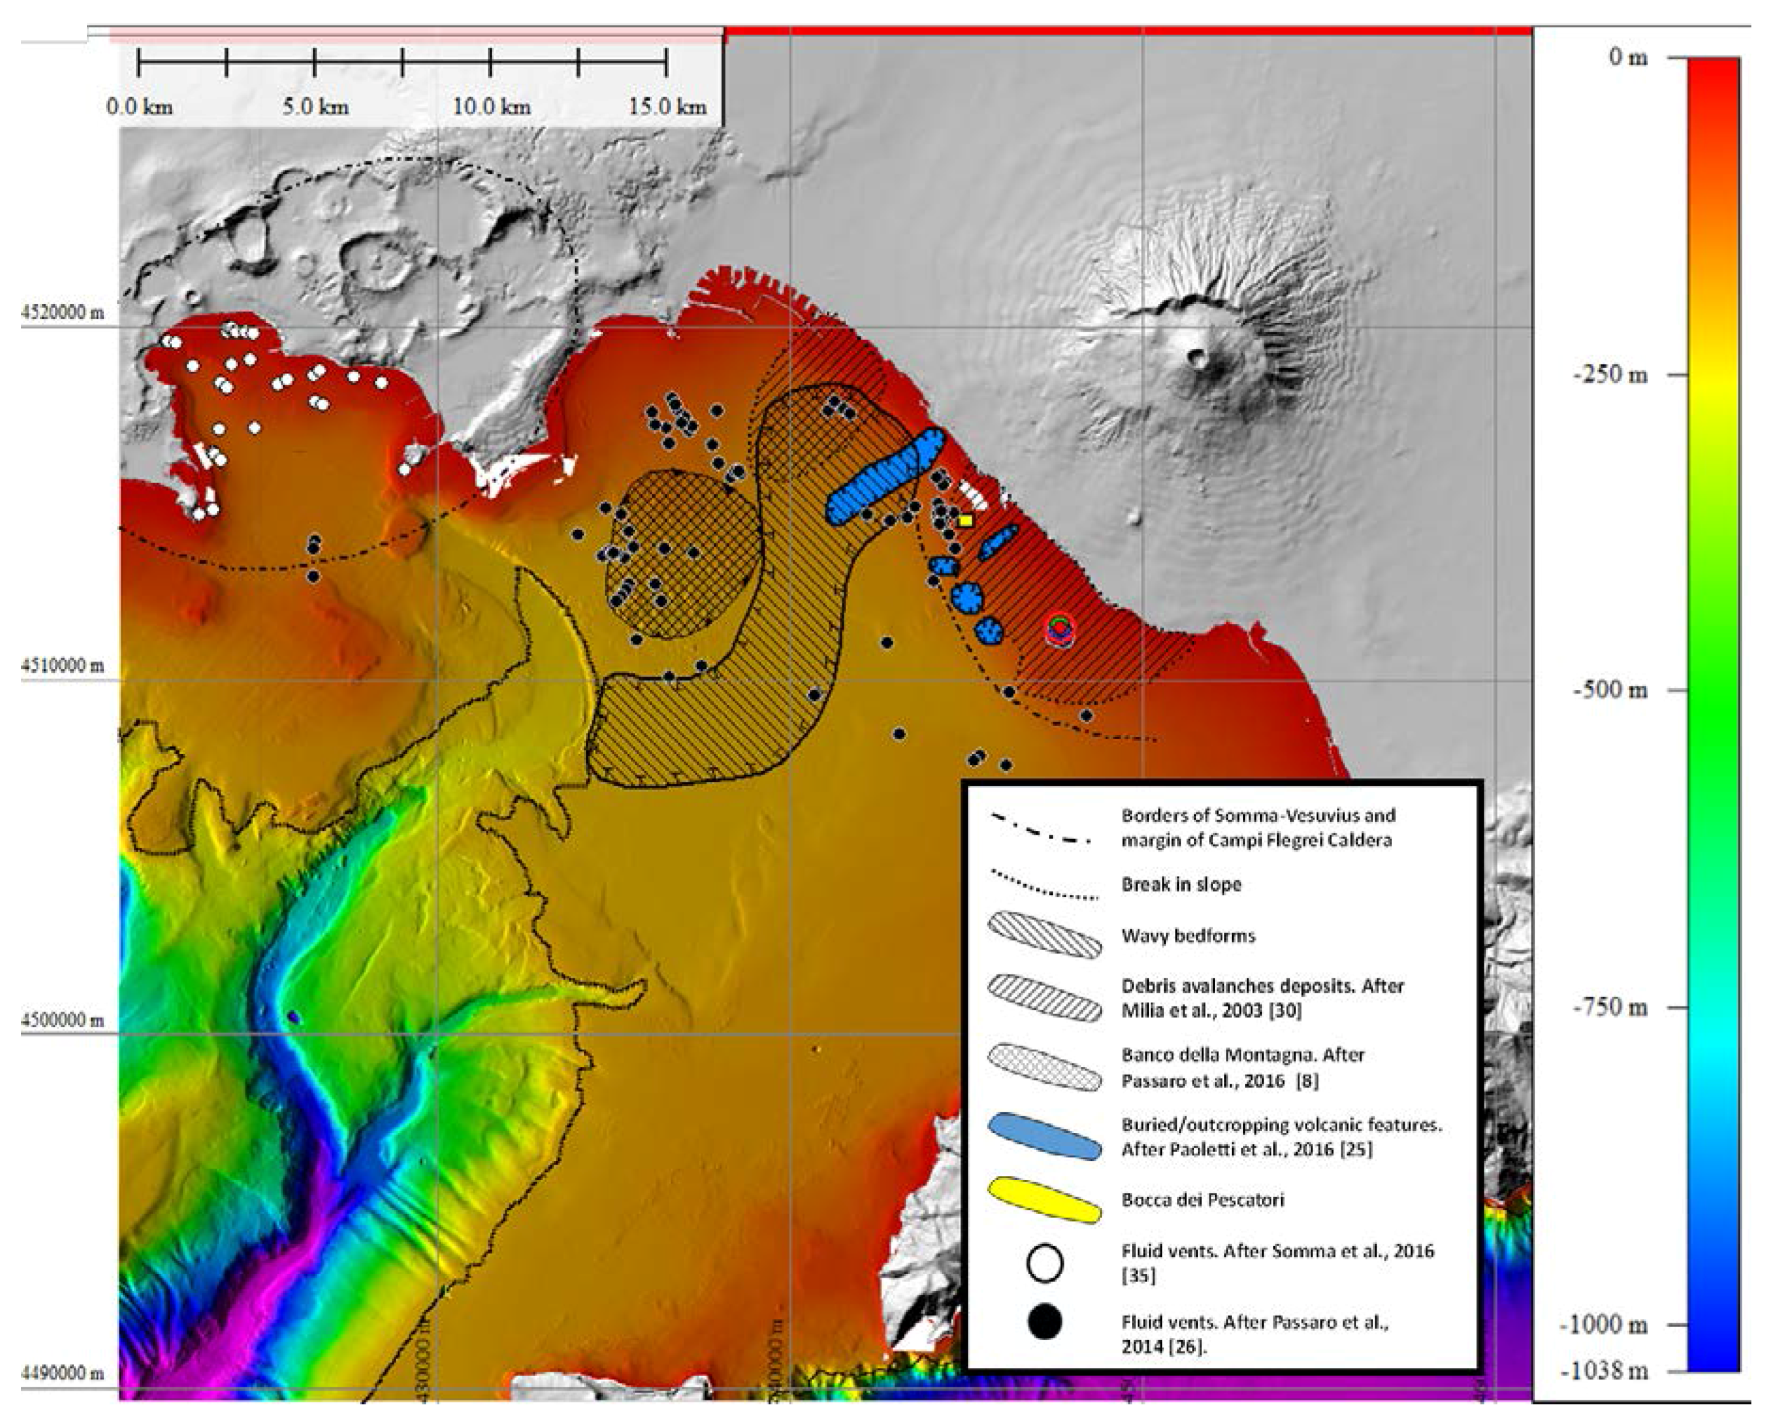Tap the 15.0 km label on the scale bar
click(668, 107)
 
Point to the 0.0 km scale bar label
click(140, 107)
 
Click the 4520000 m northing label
click(62, 313)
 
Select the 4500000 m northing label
click(62, 1020)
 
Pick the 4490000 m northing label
click(62, 1373)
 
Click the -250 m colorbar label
click(1609, 375)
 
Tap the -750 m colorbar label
click(1609, 1007)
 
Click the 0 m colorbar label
click(1627, 58)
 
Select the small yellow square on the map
click(966, 520)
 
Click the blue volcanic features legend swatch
click(1044, 1136)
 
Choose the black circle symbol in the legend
click(1045, 1322)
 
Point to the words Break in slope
click(1181, 884)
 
